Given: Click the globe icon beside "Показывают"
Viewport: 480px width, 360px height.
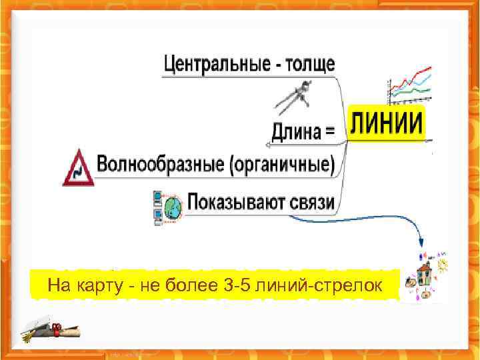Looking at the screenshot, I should (x=173, y=207).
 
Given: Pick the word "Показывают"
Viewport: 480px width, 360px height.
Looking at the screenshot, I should (x=236, y=202).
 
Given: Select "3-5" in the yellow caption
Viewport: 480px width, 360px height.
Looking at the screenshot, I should (x=239, y=287).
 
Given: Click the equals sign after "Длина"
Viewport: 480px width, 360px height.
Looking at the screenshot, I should (x=329, y=131).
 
